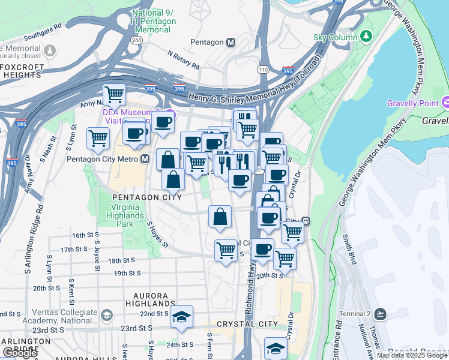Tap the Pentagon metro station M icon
click(231, 42)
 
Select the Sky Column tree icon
click(366, 37)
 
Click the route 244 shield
click(136, 40)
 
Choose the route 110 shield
click(262, 70)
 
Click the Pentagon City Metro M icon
click(145, 159)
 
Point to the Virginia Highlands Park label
click(130, 215)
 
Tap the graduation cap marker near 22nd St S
click(181, 317)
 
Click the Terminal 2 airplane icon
click(379, 314)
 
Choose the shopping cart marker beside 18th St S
click(226, 249)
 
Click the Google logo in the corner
click(20, 353)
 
